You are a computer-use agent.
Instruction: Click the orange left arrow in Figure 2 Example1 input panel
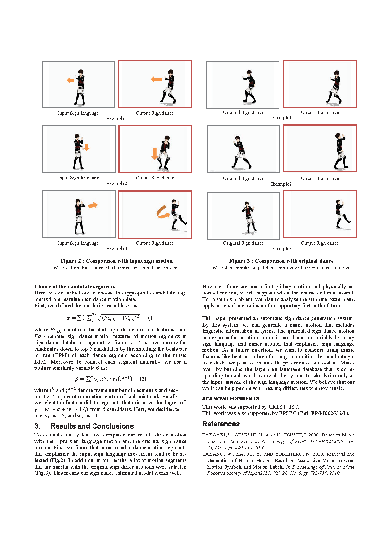[70, 80]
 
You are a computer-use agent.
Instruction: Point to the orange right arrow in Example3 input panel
[93, 205]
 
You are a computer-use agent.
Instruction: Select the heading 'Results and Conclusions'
[92, 426]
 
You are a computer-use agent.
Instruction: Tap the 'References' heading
[221, 424]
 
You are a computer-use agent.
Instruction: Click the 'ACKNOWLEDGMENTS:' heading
[231, 399]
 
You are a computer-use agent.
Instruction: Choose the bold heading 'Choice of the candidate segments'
[75, 287]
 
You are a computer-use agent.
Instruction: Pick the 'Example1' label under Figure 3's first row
[281, 118]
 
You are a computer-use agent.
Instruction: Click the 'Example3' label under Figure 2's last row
[116, 249]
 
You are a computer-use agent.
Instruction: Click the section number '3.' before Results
[37, 426]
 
